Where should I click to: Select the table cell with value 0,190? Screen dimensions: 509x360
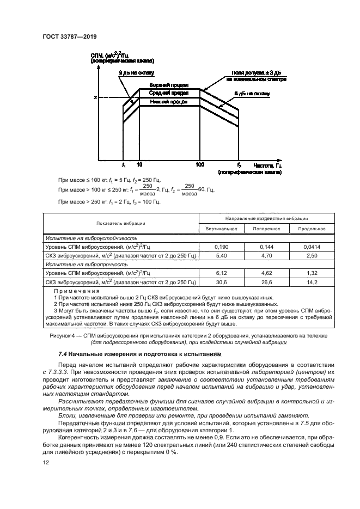coord(221,247)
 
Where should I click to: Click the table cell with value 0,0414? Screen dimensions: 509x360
coord(308,247)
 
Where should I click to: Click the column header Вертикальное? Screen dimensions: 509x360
coord(221,229)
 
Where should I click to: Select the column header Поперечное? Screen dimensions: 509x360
coord(266,229)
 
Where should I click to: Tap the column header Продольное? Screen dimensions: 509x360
coord(308,229)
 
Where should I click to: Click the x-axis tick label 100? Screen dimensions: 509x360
coord(200,164)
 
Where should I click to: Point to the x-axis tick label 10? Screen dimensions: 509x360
coord(139,164)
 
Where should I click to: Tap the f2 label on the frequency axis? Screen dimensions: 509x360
coord(239,164)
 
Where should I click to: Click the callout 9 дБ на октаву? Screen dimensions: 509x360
coord(137,72)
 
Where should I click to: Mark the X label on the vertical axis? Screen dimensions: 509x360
coord(96,97)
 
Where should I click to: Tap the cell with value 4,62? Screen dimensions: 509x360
coord(266,273)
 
